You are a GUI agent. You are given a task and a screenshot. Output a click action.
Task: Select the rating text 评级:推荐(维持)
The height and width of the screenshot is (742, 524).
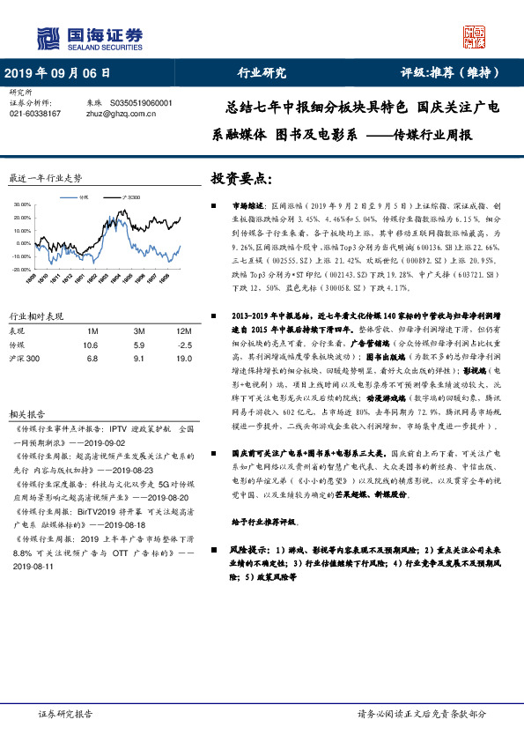[450, 73]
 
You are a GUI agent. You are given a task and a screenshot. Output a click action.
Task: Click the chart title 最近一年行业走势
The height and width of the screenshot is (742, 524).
[45, 177]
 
